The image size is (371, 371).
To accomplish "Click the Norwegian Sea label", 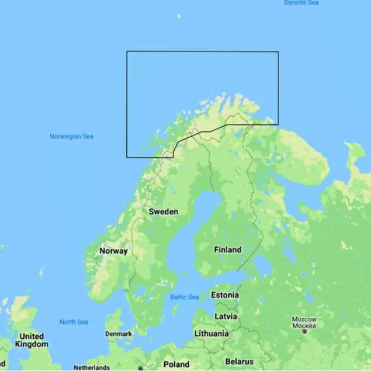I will point(71,137).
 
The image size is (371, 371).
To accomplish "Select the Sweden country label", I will point(163,211).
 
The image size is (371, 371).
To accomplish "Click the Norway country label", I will point(113,251).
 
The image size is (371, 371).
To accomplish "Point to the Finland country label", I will point(227,249).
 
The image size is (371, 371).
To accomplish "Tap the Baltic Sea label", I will point(184,297).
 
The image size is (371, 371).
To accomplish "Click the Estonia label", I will point(225,294).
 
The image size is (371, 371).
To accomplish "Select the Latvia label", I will point(226,316).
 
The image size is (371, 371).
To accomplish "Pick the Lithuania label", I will point(211,334).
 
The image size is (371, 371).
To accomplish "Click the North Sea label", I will point(74,322).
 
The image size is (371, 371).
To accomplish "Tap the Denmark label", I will point(118,334).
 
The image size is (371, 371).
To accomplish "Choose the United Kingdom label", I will point(31,340).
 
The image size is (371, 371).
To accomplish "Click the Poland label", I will point(176,364).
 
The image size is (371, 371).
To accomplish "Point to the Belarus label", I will point(239,362).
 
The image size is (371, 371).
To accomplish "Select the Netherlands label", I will point(91,367).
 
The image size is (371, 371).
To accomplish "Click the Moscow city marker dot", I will point(304,331).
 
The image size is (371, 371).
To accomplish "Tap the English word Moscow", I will point(304,319).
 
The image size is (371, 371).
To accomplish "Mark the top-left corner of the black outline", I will point(127,51).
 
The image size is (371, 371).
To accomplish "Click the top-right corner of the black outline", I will point(278,51).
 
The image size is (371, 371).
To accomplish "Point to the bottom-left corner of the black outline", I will point(127,157).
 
